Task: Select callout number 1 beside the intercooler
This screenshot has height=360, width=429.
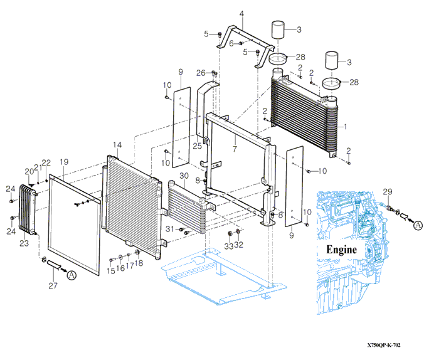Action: coord(344,125)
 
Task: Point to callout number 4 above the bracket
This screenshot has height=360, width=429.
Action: coord(242,13)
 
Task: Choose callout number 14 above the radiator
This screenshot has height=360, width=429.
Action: coord(117,146)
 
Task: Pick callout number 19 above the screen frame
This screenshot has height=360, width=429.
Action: coord(65,162)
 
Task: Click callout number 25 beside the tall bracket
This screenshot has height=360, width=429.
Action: coord(197,146)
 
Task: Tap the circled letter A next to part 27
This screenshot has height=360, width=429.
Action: coord(71,275)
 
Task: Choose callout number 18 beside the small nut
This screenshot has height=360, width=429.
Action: coord(139,263)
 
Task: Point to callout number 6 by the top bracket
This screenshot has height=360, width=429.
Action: coord(231,43)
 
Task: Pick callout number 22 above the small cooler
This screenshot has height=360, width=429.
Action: coord(46,163)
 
